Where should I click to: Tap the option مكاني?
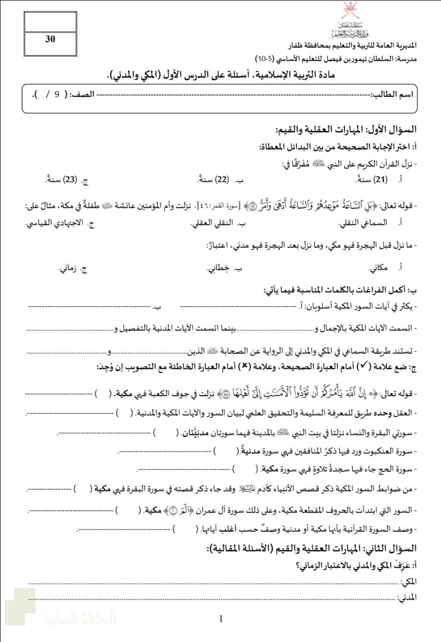coord(380,268)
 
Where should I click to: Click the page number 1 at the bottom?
coord(221,619)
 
